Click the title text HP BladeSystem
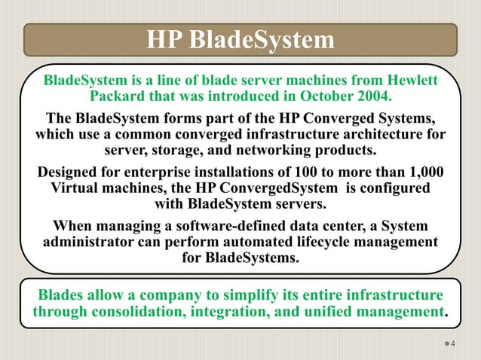[240, 39]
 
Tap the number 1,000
[424, 172]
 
